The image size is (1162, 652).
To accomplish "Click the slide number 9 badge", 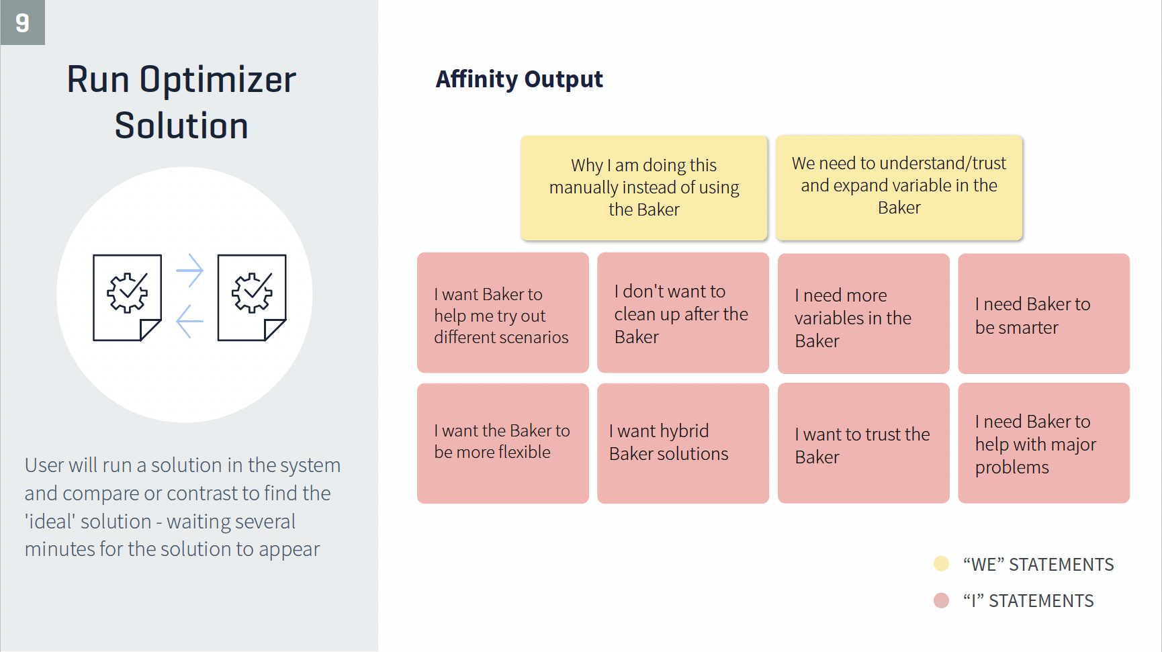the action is [x=22, y=22].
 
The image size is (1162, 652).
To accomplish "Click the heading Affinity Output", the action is [x=519, y=79].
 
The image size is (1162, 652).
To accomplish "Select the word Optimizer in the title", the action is [x=218, y=81].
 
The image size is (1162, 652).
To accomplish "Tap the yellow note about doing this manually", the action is [x=644, y=187].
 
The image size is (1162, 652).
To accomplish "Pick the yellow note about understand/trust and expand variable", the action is [x=899, y=187].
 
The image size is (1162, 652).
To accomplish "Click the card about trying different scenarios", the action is [x=503, y=313].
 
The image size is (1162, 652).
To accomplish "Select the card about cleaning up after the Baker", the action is [x=683, y=313].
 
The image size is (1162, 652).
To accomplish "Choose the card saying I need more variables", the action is [x=864, y=314].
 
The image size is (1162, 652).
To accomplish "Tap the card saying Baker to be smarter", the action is [x=1044, y=314].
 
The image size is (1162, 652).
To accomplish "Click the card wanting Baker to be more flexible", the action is [x=503, y=443].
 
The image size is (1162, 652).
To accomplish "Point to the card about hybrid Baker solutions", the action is [x=683, y=443].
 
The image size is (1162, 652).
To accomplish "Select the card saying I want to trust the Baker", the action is [x=864, y=443].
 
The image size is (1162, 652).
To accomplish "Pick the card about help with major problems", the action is [x=1044, y=443].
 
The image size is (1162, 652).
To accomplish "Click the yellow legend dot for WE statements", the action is [x=942, y=563].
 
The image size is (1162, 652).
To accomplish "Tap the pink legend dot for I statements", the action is [x=942, y=600].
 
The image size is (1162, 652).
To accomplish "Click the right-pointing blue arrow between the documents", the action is [x=189, y=271].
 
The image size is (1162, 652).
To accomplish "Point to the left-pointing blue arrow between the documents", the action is [x=189, y=321].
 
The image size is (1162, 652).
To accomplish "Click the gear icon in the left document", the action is [x=127, y=293].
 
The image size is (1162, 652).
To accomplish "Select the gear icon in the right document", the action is [x=252, y=293].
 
